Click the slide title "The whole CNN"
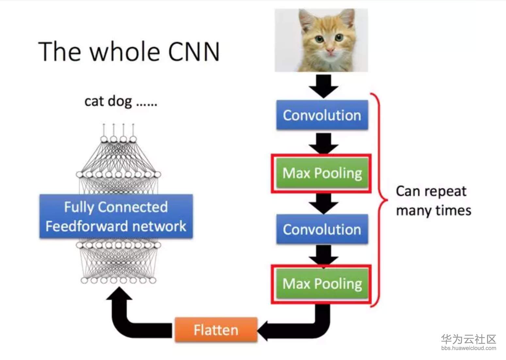129,52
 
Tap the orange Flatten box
216,330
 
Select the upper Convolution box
322,115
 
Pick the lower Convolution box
322,229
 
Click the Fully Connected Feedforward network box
116,216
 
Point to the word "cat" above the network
94,101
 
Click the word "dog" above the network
120,101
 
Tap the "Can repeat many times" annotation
433,201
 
